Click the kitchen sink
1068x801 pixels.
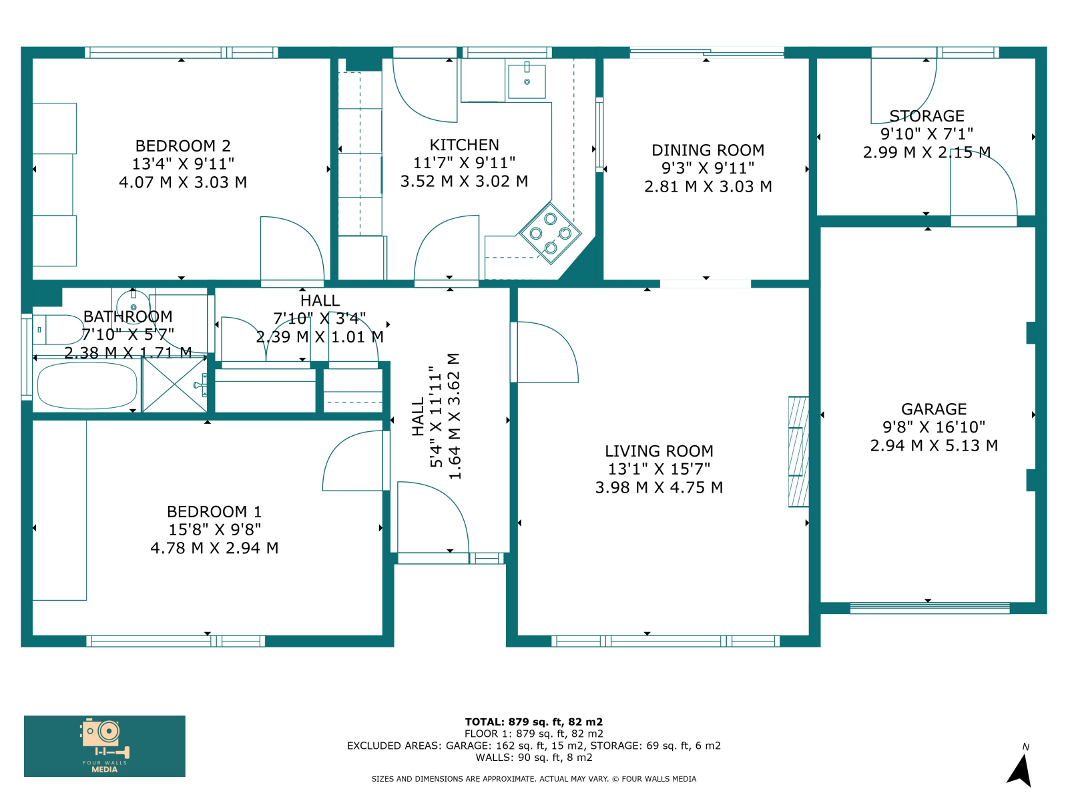tap(527, 81)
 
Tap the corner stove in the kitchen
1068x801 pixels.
tap(550, 234)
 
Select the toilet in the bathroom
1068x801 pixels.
tap(58, 330)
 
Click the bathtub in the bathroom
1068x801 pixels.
tap(87, 386)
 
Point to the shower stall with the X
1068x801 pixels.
tap(174, 384)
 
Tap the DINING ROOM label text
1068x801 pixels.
tap(708, 150)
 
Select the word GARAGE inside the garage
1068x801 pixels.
tap(934, 409)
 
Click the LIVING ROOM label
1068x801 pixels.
tap(659, 451)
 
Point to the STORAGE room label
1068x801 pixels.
tap(926, 115)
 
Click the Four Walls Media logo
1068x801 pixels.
tap(105, 746)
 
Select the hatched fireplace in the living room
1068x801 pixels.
tap(798, 452)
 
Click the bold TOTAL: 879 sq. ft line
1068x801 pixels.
tap(534, 722)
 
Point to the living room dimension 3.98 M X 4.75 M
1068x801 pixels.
tap(659, 487)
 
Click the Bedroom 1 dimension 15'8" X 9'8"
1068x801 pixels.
tap(214, 529)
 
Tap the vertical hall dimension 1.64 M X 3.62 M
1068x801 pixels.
tap(453, 417)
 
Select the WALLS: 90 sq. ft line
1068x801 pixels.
tap(534, 757)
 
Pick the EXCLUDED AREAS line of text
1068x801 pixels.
tap(534, 746)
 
